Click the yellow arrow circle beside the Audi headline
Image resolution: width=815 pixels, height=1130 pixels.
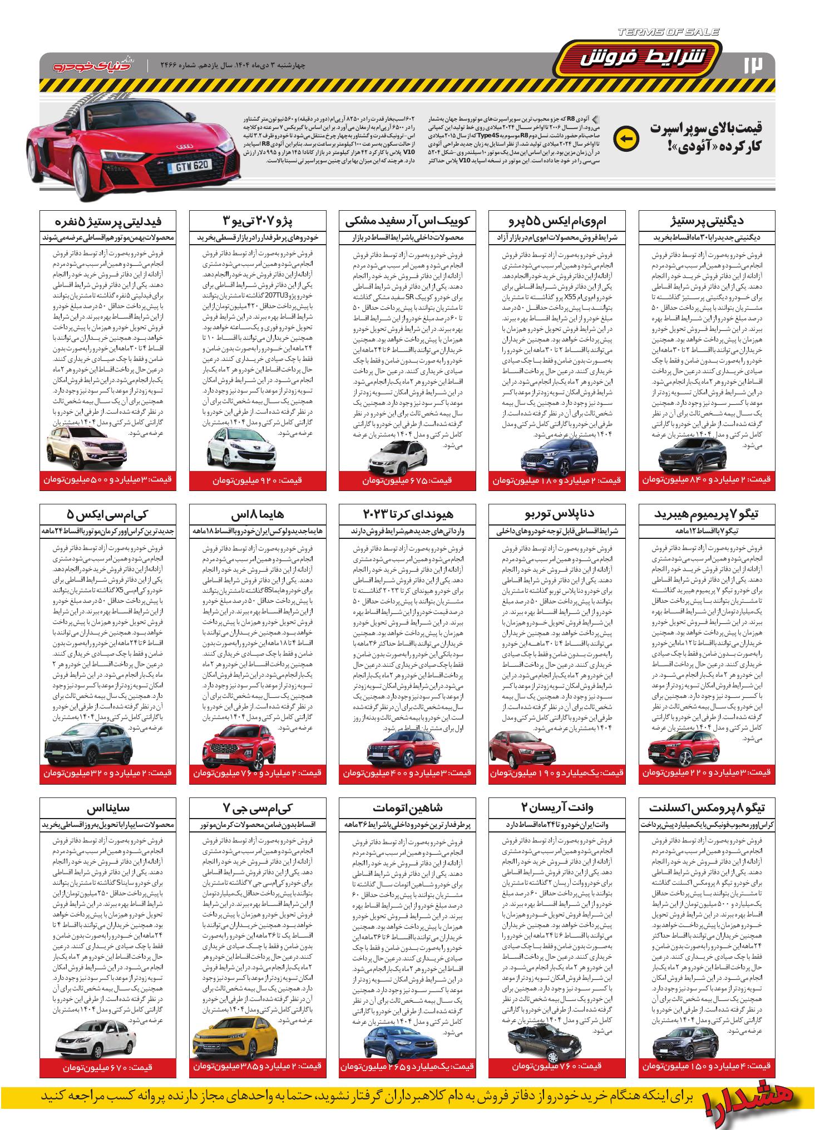[x=624, y=138]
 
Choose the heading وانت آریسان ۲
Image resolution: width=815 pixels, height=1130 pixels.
[x=557, y=807]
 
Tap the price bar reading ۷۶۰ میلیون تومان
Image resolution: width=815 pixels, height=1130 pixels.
[x=557, y=1066]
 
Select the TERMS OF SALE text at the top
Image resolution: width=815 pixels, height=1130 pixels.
[x=668, y=32]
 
